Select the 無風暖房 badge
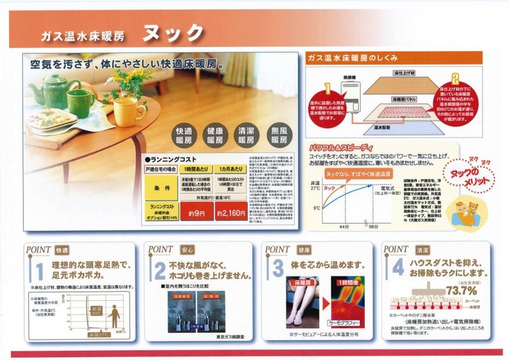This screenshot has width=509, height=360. [279, 135]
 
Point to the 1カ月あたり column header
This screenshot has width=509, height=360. [230, 168]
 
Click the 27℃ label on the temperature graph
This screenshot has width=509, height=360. [315, 188]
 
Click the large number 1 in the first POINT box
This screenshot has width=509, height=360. [39, 270]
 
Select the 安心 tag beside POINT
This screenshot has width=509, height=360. [187, 250]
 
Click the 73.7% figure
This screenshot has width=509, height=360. [461, 291]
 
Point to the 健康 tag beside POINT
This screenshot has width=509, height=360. [305, 250]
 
